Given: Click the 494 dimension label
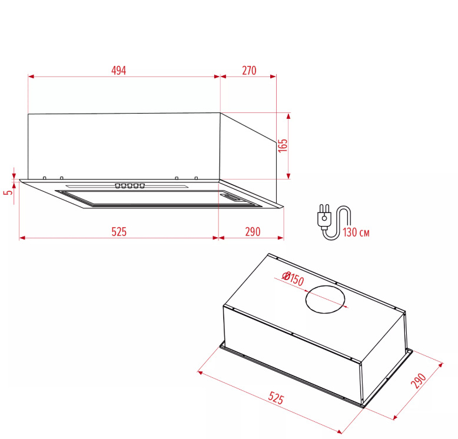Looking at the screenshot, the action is pyautogui.click(x=118, y=71).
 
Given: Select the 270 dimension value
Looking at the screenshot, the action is pyautogui.click(x=249, y=71).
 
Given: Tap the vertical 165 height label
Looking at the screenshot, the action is pyautogui.click(x=283, y=145).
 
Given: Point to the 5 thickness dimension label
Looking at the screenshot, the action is pyautogui.click(x=9, y=192).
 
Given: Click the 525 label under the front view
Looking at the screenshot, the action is pyautogui.click(x=119, y=232).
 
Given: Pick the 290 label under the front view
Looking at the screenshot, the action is pyautogui.click(x=253, y=232).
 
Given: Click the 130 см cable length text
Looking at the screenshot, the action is pyautogui.click(x=356, y=232).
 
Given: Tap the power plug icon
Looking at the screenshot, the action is pyautogui.click(x=324, y=216).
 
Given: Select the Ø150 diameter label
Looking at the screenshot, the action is pyautogui.click(x=293, y=278).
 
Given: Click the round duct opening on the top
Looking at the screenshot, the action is pyautogui.click(x=325, y=299).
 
